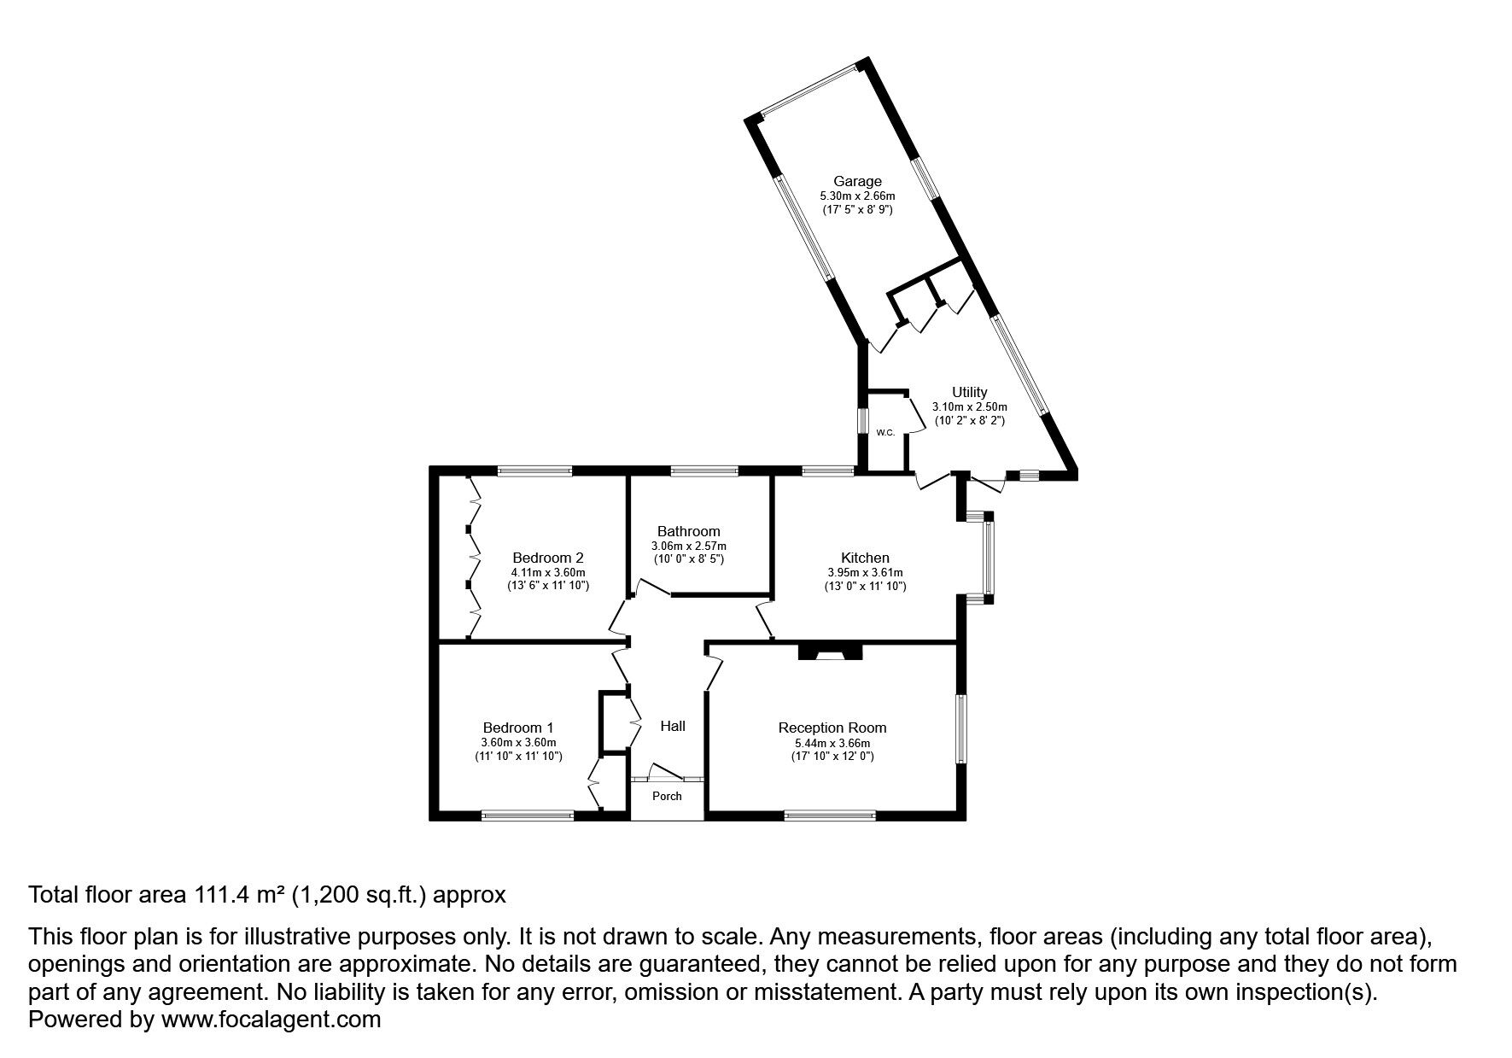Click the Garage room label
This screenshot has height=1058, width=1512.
857,181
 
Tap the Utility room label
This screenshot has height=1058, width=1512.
969,393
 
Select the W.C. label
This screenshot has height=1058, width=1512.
884,433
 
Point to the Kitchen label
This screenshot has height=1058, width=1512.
865,558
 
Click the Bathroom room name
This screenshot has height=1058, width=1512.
688,531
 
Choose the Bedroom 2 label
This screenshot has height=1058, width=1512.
548,558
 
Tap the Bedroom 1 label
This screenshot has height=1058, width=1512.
518,728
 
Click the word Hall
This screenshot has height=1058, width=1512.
673,726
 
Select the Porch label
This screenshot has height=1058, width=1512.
667,796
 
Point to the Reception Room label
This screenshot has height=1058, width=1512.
832,728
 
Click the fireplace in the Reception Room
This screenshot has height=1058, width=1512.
831,652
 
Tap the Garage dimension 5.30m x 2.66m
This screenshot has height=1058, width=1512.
857,196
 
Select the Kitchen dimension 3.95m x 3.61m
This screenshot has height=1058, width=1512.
865,573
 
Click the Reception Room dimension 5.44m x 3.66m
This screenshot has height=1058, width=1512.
832,743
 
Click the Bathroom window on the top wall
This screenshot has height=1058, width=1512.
704,471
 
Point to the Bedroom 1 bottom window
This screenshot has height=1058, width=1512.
528,815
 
